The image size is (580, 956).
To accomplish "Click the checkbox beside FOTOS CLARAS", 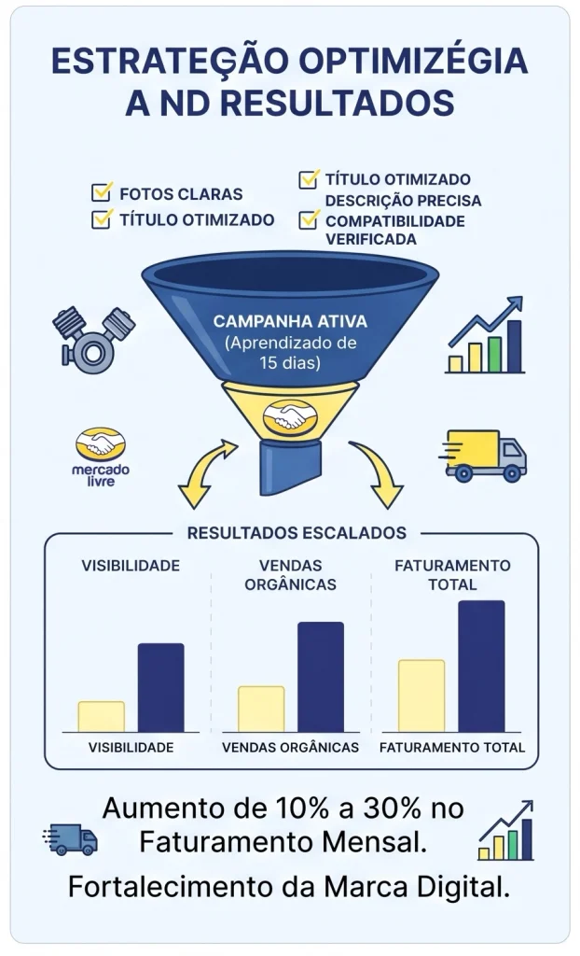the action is pyautogui.click(x=102, y=192).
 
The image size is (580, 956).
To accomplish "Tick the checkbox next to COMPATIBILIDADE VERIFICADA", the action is pyautogui.click(x=309, y=218).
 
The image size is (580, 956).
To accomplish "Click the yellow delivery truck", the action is pyautogui.click(x=482, y=456).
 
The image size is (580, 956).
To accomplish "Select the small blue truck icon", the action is pyautogui.click(x=70, y=840).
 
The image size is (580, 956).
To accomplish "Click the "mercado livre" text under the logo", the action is pyautogui.click(x=101, y=475).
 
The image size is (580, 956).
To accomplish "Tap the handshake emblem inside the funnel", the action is pyautogui.click(x=291, y=417).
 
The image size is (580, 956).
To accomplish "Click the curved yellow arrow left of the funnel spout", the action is pyautogui.click(x=204, y=472).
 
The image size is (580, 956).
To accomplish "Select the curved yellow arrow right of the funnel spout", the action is pyautogui.click(x=378, y=472).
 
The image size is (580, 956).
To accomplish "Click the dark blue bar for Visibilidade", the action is pyautogui.click(x=160, y=688).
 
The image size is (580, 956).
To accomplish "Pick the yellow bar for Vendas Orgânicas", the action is pyautogui.click(x=261, y=710).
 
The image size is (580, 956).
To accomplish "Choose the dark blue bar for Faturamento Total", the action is pyautogui.click(x=481, y=667).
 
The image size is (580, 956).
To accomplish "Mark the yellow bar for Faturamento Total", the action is pyautogui.click(x=421, y=696).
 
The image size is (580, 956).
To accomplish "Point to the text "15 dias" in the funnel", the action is pyautogui.click(x=289, y=363).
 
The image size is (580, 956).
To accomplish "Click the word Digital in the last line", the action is pyautogui.click(x=465, y=888).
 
